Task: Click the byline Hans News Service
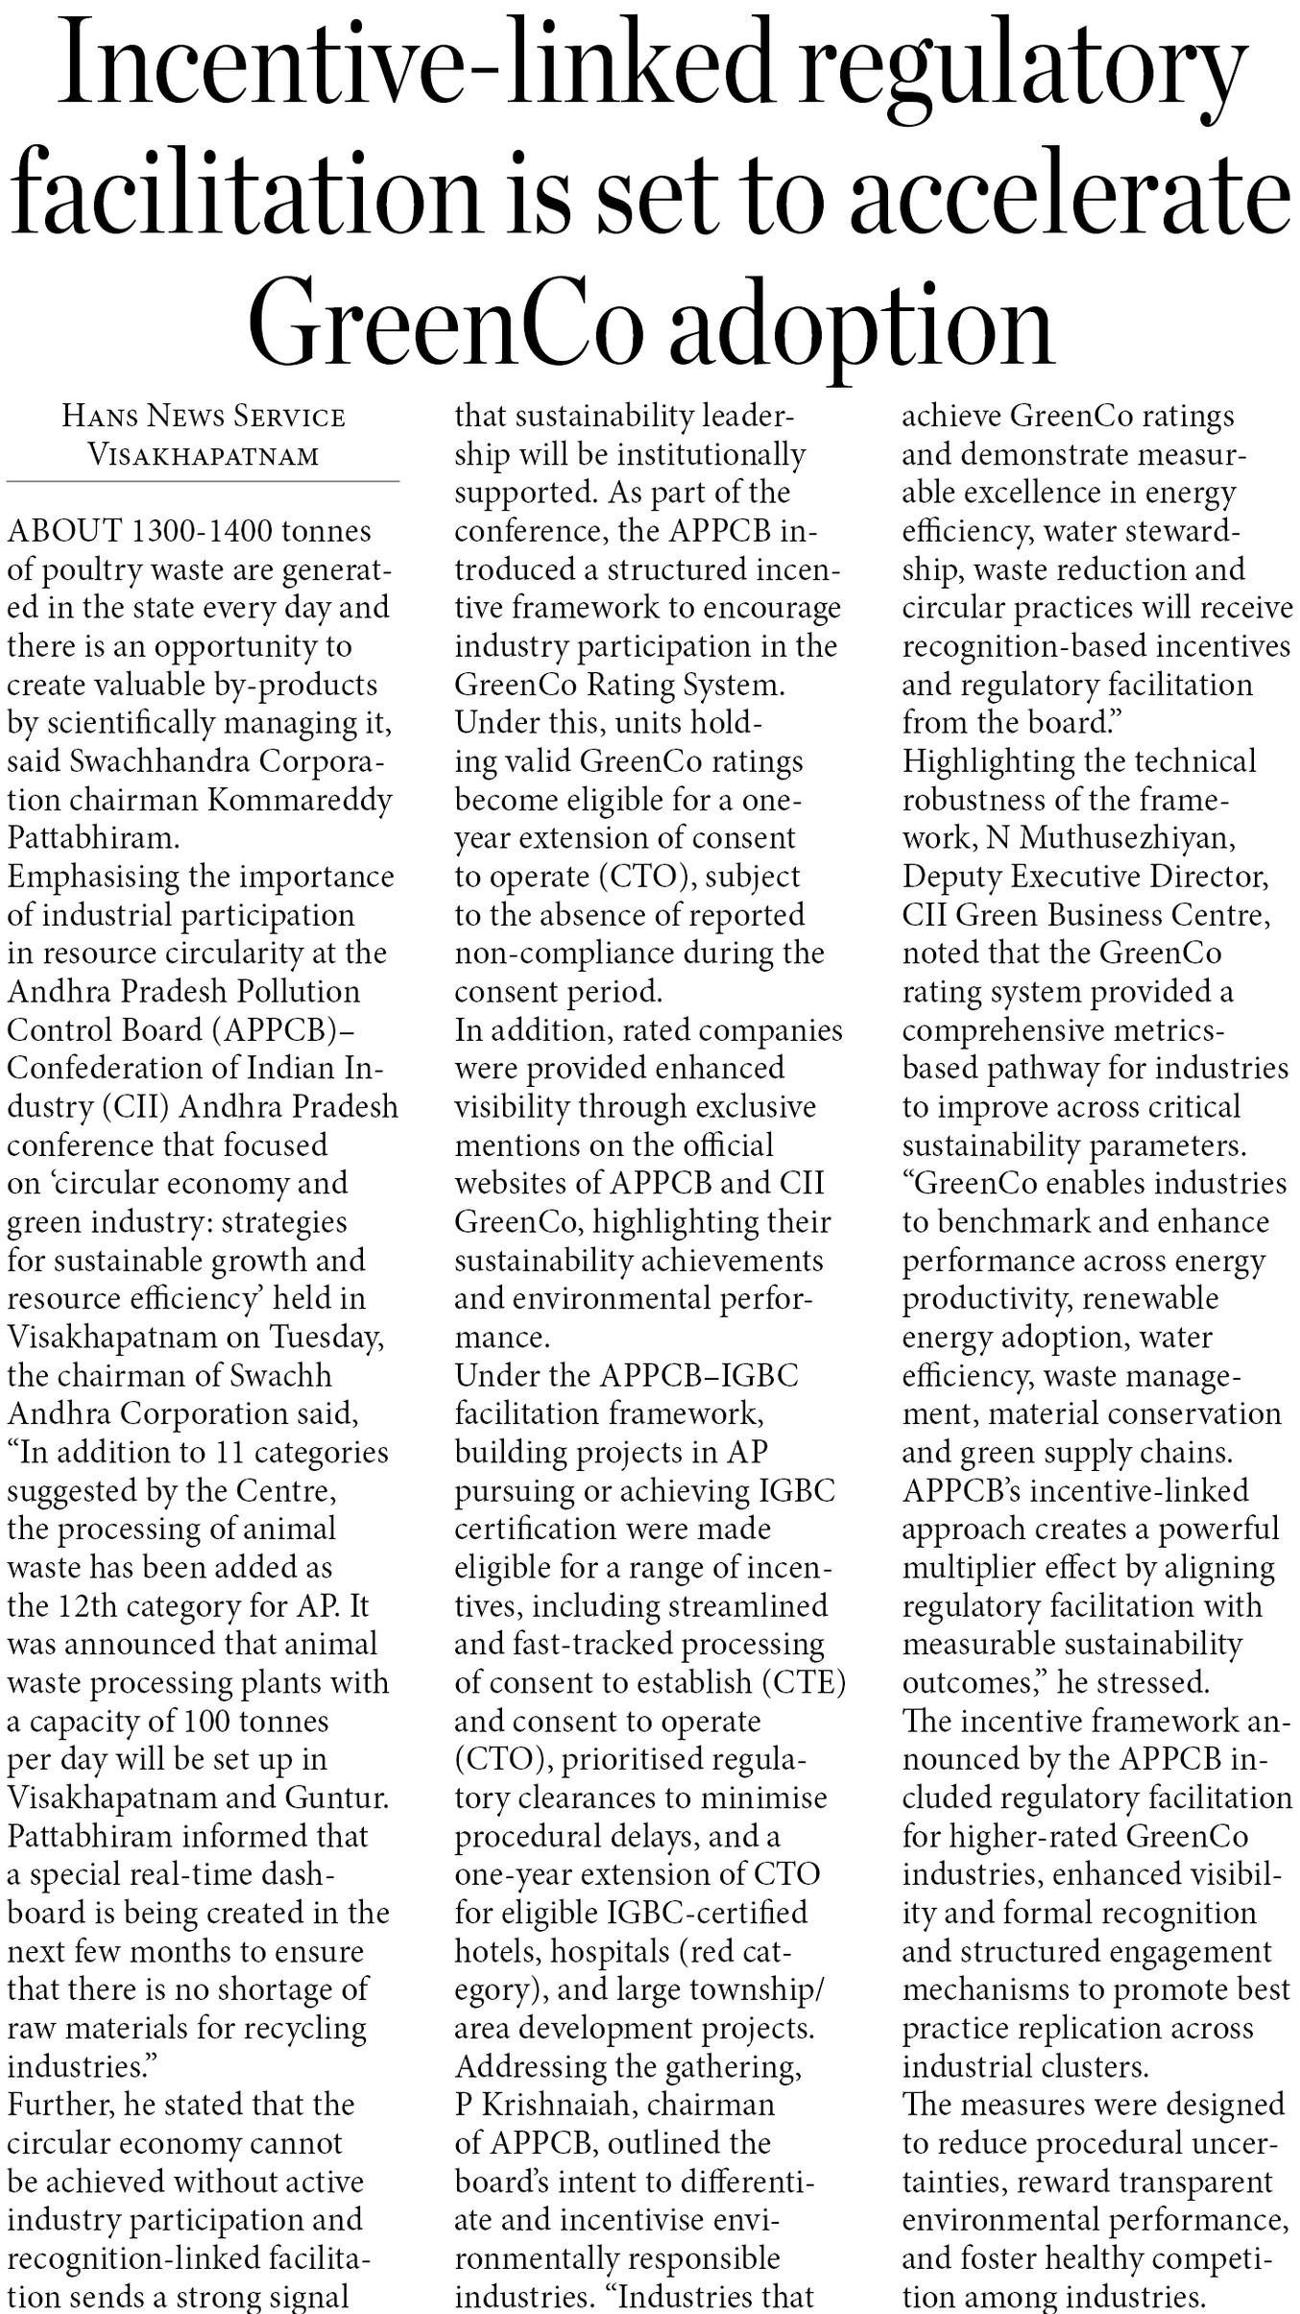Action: click(x=203, y=416)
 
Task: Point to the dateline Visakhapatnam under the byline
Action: click(x=203, y=454)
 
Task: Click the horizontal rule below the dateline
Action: click(x=203, y=481)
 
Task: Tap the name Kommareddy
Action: click(x=300, y=800)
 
